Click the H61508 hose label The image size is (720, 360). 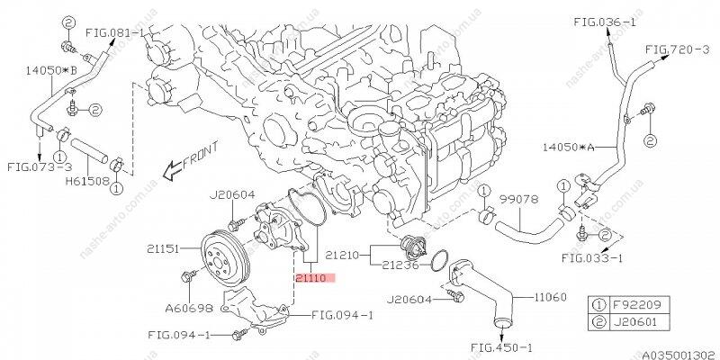pos(87,181)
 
